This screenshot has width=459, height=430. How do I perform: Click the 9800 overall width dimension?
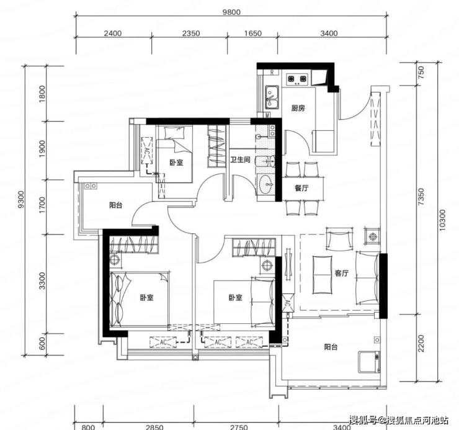coord(231,12)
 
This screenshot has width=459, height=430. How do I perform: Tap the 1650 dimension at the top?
coord(253,34)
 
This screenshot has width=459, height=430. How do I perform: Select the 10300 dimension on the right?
coord(442,220)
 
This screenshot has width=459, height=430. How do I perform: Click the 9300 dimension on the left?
coord(21,199)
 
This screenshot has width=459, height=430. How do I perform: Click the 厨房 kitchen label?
coord(298,109)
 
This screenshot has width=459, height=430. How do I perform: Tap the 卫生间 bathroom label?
coord(240,159)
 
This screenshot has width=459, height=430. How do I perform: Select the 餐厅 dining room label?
coord(301,188)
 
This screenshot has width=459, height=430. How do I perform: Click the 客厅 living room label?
coord(342,273)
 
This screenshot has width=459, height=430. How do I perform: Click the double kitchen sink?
coord(272,97)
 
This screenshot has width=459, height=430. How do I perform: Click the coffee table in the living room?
coord(323,275)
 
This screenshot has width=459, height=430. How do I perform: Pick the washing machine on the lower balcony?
coord(370,362)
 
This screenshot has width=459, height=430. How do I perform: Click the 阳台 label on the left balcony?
coord(116,205)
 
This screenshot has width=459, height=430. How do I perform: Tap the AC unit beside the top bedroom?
coord(147,151)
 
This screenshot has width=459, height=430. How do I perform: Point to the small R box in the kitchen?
coord(272,73)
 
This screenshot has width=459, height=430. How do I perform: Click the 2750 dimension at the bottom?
coord(239,428)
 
